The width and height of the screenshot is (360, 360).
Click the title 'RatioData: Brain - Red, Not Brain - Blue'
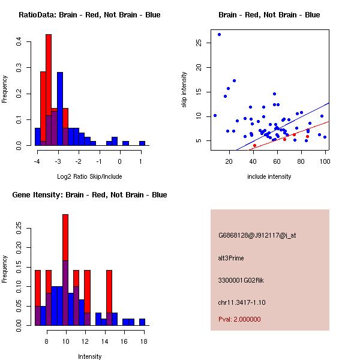(89, 15)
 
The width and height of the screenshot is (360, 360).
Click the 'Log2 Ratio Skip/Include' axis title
(89, 176)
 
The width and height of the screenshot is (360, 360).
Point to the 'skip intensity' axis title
(184, 90)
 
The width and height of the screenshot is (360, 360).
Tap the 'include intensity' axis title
(269, 176)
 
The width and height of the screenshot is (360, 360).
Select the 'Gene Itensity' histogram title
(89, 195)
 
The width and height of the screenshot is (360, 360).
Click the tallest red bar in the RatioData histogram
(49, 90)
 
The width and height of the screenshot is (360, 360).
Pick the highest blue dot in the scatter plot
(219, 34)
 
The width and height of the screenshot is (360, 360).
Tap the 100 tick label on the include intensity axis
(325, 161)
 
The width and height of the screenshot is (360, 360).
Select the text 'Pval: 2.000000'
(239, 319)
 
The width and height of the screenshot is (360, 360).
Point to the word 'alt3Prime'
(231, 258)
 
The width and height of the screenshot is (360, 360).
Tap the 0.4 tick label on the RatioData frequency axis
(19, 42)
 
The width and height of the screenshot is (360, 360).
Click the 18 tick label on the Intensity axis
(143, 341)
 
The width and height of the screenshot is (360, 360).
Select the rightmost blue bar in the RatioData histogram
(142, 143)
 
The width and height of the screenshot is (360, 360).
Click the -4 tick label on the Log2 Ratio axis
(37, 161)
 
